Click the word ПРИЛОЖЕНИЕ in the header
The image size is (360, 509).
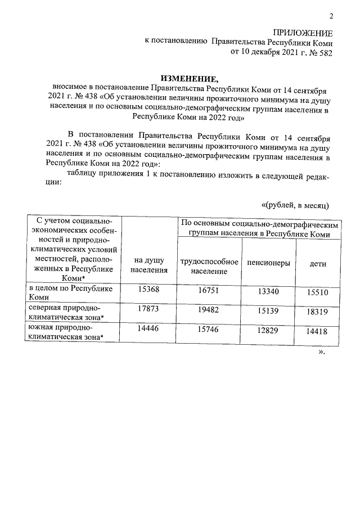coord(303,33)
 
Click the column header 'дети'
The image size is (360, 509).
coord(318,263)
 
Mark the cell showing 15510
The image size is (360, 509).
coord(319,292)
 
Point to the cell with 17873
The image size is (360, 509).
coord(150,310)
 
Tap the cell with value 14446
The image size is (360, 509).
coord(150,330)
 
